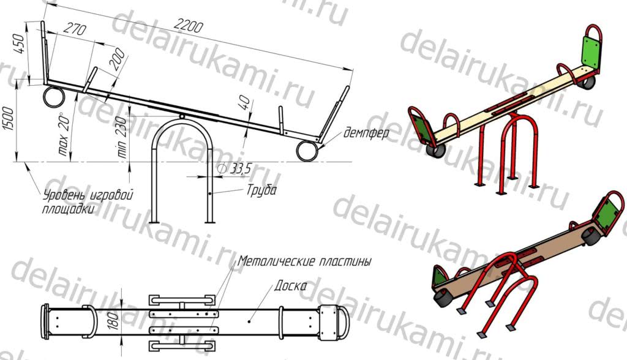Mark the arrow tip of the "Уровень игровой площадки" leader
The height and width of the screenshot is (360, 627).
(x=25, y=163)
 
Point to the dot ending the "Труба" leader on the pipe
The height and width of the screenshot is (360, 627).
(x=209, y=194)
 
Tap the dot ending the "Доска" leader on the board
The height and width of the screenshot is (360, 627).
(x=249, y=321)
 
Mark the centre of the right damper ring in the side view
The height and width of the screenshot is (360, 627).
(x=307, y=151)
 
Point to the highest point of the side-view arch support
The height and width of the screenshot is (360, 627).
(x=182, y=119)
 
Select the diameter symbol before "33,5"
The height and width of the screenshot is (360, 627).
(x=220, y=169)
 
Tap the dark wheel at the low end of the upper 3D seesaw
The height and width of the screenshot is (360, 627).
(x=435, y=151)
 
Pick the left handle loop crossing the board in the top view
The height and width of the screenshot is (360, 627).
(x=90, y=322)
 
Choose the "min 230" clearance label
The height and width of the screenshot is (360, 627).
(x=122, y=137)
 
